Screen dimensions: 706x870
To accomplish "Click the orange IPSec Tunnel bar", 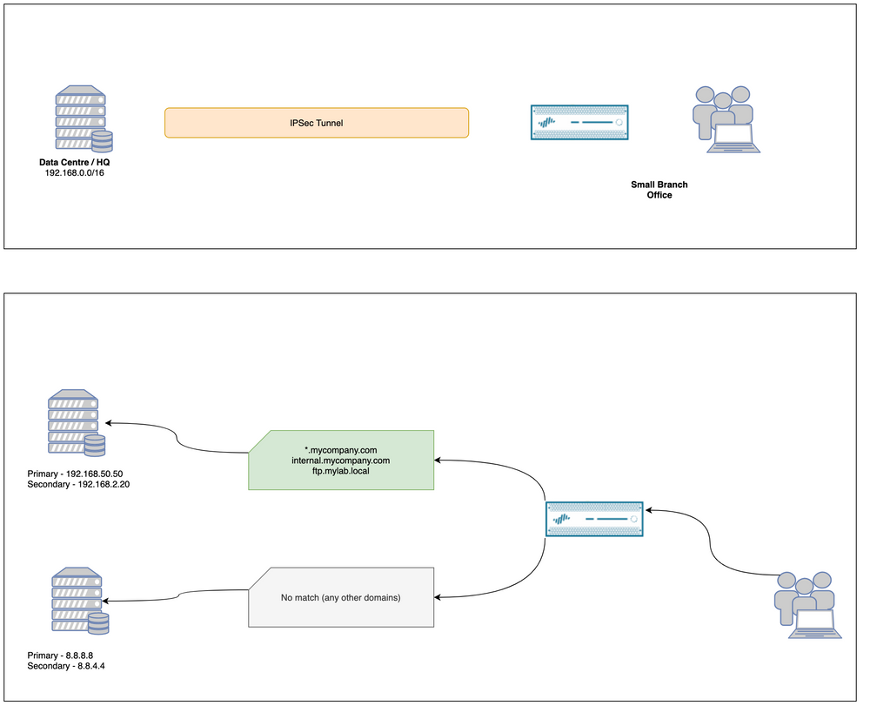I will [317, 123].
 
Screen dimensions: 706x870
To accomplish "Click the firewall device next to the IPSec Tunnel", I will [580, 123].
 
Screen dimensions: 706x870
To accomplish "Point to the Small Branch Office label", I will [659, 190].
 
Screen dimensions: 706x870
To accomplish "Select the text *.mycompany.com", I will [340, 448].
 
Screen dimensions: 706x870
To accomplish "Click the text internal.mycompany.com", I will [340, 460].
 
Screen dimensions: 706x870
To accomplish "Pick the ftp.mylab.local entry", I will [340, 471].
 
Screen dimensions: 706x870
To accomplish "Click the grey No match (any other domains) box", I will [340, 597].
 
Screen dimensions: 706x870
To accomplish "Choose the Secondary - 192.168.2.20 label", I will [79, 484].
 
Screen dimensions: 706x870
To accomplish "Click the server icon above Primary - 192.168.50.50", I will [77, 424].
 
